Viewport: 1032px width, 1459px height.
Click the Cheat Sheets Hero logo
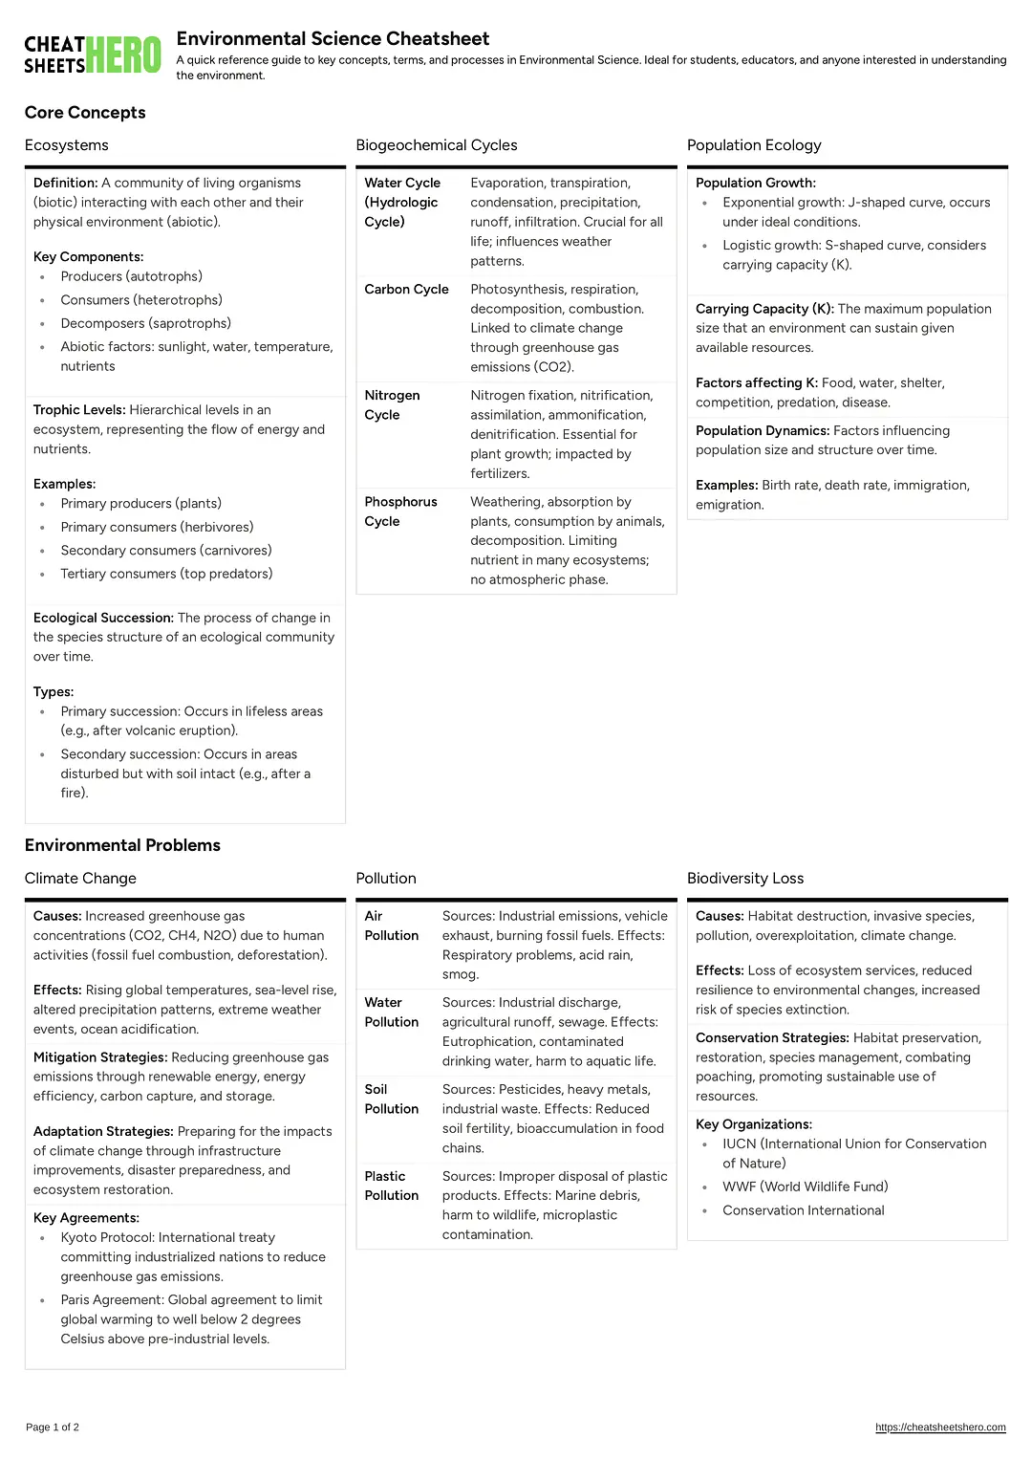click(x=93, y=54)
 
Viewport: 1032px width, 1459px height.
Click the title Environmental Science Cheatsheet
click(x=333, y=39)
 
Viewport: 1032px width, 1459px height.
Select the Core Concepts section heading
click(x=85, y=113)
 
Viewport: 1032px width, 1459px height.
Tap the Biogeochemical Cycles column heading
click(x=436, y=145)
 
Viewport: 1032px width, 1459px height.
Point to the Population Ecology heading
click(x=754, y=145)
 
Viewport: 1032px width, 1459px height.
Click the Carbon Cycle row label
click(x=406, y=290)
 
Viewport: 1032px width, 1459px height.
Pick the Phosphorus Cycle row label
click(x=400, y=512)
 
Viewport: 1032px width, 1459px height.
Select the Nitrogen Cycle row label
click(x=392, y=405)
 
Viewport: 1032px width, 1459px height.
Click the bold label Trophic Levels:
click(x=79, y=410)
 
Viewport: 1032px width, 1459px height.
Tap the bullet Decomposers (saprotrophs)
click(x=145, y=323)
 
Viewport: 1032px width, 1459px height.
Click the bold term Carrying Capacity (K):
click(x=764, y=309)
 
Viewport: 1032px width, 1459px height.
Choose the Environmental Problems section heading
click(x=122, y=845)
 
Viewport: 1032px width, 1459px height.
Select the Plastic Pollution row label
click(x=391, y=1186)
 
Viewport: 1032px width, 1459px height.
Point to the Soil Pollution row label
click(x=391, y=1099)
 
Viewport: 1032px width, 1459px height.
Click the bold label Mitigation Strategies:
click(x=100, y=1057)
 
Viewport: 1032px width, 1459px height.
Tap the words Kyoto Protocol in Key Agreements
click(x=106, y=1237)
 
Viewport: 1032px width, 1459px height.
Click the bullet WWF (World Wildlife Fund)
click(x=805, y=1187)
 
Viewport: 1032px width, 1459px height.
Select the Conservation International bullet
click(x=803, y=1210)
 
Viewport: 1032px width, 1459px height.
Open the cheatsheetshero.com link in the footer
click(x=940, y=1427)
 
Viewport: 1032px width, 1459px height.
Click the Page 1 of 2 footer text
click(x=53, y=1427)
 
